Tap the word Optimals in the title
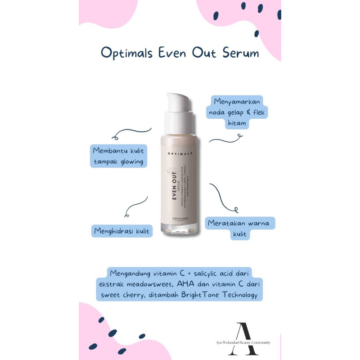coord(127,54)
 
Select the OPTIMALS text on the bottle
coord(180,153)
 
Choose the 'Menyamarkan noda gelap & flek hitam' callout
coord(237,112)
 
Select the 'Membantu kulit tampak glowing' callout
coord(119,156)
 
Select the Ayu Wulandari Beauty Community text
coord(243,343)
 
